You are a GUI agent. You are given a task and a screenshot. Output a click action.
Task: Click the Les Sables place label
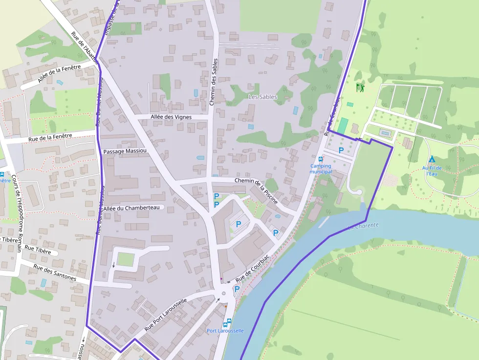(262, 97)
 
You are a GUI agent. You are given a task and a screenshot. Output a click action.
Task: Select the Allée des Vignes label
(172, 117)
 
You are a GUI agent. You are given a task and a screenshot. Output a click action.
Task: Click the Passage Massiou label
(125, 151)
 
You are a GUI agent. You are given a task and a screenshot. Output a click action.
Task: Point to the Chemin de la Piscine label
(256, 191)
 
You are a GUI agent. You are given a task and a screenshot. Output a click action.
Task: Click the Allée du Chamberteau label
(131, 208)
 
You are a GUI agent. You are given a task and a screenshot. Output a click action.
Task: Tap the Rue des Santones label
(54, 273)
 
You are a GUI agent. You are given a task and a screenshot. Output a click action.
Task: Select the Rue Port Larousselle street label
(166, 315)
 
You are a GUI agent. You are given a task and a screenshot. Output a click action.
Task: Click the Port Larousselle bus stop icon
(227, 322)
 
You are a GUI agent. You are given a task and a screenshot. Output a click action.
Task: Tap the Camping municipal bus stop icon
(321, 159)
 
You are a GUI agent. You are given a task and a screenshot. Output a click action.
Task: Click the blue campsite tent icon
(432, 159)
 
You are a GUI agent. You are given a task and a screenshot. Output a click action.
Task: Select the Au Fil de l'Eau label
(432, 170)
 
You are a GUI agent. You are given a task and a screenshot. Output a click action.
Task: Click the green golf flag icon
(361, 88)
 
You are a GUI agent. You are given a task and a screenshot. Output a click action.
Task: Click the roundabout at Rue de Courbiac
(224, 294)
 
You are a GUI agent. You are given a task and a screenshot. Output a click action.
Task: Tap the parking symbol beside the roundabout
(237, 289)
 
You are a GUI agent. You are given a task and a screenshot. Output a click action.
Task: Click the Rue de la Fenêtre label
(50, 138)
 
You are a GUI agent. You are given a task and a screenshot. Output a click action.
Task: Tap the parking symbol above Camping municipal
(341, 150)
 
